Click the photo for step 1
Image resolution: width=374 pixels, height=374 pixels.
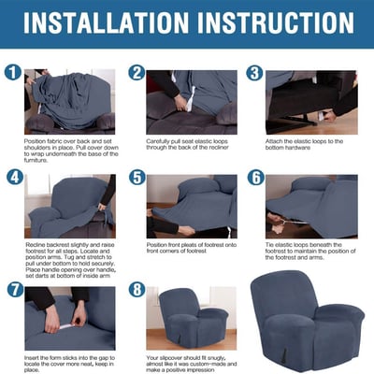click(70, 100)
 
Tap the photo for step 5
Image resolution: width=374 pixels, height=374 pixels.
click(192, 206)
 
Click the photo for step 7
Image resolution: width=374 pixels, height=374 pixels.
click(70, 318)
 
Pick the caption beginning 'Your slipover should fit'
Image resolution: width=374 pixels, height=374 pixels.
click(192, 362)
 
